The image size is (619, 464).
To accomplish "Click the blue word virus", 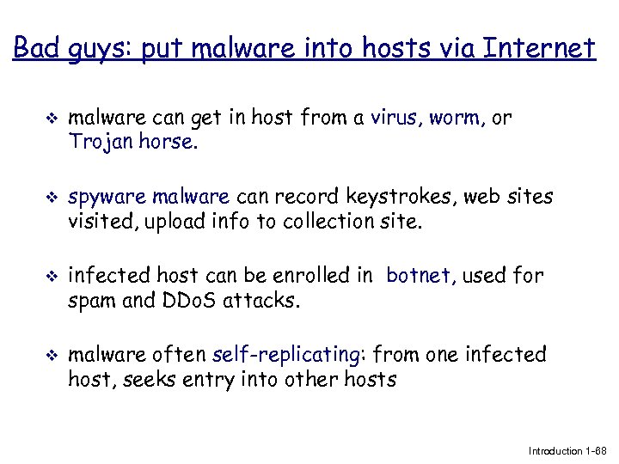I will point(395,119).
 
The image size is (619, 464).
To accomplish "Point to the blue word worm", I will point(456,119).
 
